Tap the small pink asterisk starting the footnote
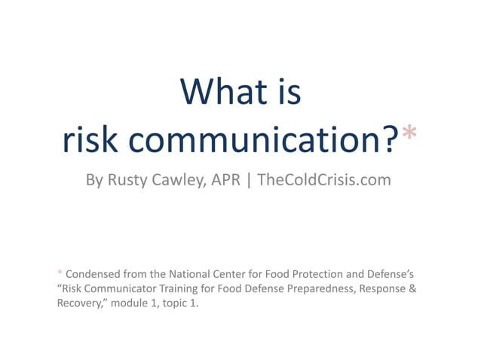60,273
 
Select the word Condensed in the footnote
94,273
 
